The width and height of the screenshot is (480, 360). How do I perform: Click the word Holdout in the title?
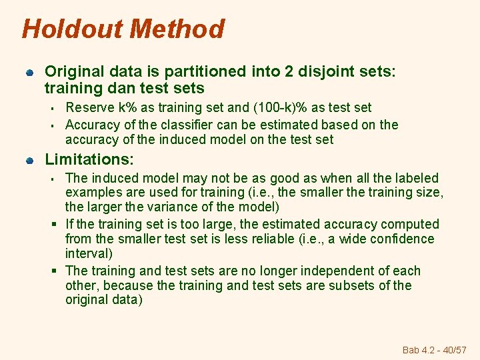click(73, 29)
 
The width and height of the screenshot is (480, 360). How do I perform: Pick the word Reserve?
click(89, 107)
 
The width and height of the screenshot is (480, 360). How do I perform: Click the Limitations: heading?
click(89, 160)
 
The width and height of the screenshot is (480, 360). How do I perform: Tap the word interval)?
click(89, 253)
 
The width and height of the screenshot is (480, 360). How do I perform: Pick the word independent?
click(341, 271)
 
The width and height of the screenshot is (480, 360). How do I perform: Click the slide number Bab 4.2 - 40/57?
click(435, 349)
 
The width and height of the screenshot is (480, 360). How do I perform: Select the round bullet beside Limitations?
click(29, 161)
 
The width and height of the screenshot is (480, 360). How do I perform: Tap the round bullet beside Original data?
click(29, 72)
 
